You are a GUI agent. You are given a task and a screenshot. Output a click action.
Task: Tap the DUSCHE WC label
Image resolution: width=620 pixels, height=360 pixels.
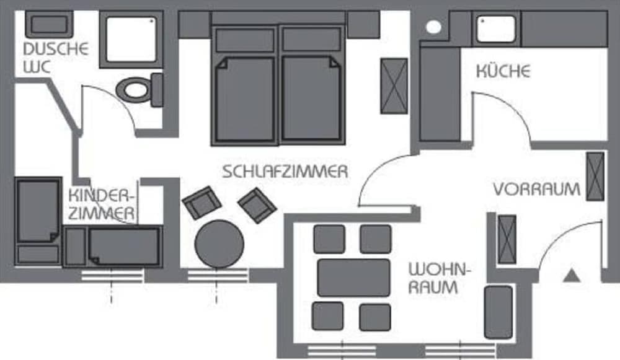coord(55,57)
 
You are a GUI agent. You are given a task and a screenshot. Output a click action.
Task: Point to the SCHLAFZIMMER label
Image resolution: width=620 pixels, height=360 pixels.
coord(285,172)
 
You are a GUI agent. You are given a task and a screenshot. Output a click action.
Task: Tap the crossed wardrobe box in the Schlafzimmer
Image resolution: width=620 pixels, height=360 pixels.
coord(394,86)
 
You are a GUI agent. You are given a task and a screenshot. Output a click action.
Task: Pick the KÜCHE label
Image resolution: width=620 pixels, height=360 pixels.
coord(503,71)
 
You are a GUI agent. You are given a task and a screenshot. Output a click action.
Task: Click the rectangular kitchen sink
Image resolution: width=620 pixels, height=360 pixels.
coord(496,29)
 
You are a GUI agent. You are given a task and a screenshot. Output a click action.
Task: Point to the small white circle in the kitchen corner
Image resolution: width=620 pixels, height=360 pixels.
coord(434,27)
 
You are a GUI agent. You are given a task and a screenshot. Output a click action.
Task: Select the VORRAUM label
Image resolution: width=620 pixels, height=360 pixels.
coord(537,189)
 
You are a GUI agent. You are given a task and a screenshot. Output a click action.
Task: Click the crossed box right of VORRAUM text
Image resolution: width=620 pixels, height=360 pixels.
coord(595,176)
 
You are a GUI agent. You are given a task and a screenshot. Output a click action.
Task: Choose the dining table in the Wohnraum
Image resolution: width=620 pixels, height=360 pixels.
coord(353,277)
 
